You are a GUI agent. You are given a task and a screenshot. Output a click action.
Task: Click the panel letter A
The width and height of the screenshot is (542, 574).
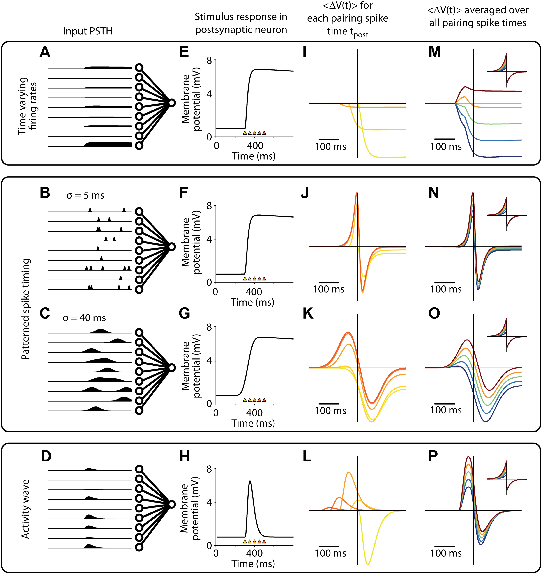(x=45, y=52)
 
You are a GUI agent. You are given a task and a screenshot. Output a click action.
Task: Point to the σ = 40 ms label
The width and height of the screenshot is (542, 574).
(x=84, y=318)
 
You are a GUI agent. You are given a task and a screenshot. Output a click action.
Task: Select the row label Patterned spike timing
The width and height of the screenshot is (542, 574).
(x=25, y=309)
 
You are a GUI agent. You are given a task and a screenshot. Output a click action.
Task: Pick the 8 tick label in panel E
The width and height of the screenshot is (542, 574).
(x=209, y=61)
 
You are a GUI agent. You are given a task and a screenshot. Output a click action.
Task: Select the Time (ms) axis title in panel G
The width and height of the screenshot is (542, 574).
(x=253, y=423)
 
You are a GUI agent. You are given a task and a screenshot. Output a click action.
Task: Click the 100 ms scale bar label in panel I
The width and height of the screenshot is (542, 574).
(x=330, y=147)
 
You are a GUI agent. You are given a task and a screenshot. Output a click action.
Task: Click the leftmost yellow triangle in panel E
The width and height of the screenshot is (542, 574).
(x=245, y=133)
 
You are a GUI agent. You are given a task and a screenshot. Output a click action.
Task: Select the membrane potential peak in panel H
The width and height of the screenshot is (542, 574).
(x=250, y=481)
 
